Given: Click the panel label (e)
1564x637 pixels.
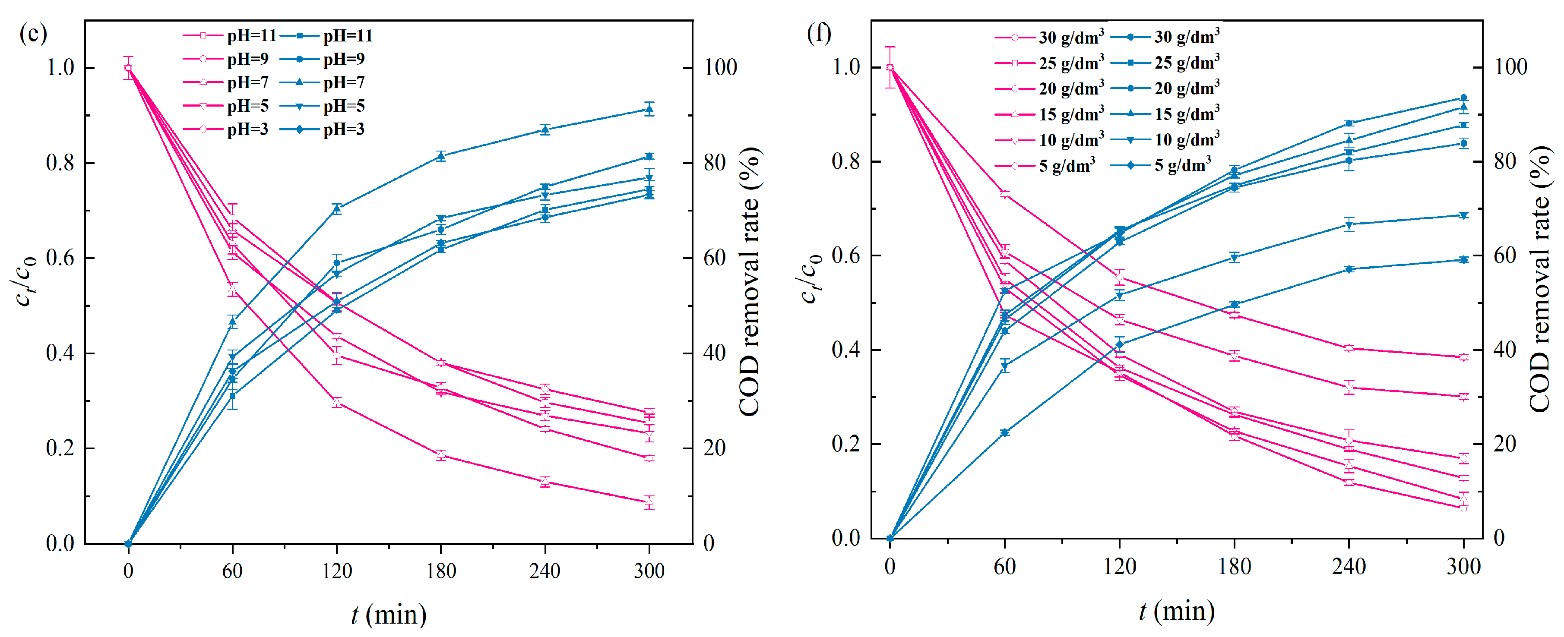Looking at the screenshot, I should click(x=33, y=33).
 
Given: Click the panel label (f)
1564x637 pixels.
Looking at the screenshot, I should click(x=819, y=33).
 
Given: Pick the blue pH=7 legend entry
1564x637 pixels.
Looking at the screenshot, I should click(x=323, y=82).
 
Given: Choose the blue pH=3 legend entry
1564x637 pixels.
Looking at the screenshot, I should click(x=323, y=129).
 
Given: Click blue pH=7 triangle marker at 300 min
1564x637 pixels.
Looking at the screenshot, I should click(x=649, y=110).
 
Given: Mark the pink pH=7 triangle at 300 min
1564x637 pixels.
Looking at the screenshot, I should click(x=649, y=502).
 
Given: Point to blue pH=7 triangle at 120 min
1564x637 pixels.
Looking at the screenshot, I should click(x=336, y=209).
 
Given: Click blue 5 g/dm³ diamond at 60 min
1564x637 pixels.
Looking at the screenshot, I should click(x=1005, y=432).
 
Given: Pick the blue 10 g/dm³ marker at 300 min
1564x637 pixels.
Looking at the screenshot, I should click(x=1463, y=215).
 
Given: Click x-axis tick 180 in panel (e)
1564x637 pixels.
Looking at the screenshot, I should click(x=441, y=570).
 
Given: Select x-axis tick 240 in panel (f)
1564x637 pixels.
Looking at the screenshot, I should click(x=1349, y=567).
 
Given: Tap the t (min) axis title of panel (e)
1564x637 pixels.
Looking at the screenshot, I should click(x=389, y=615).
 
